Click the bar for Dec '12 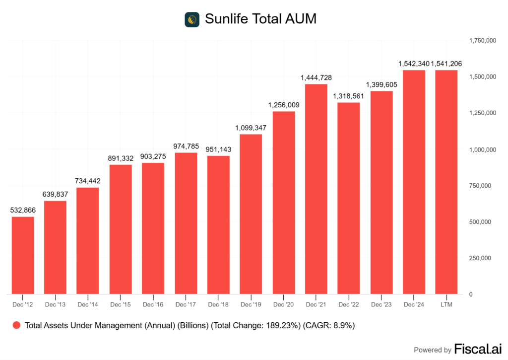[23, 255]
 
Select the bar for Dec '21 [316, 189]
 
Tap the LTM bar [446, 182]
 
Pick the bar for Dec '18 [218, 224]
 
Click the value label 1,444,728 [316, 78]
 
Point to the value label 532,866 [23, 211]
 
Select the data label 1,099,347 [251, 128]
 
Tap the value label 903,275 [153, 156]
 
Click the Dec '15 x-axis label [121, 304]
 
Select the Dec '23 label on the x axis [381, 304]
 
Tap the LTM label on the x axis [446, 304]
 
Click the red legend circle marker [16, 326]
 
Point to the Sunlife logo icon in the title [192, 19]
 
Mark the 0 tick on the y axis [471, 294]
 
